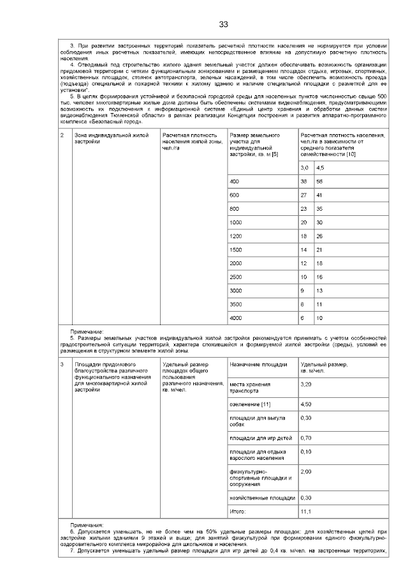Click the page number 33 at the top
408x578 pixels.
(x=223, y=24)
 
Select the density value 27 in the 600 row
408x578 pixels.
(x=303, y=195)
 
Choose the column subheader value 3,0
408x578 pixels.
(x=304, y=167)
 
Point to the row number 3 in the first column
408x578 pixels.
(x=61, y=364)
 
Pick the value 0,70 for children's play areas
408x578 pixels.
(x=306, y=438)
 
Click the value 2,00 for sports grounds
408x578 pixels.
(x=306, y=471)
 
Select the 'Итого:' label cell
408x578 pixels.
(x=237, y=512)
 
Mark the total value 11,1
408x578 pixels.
(x=305, y=512)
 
